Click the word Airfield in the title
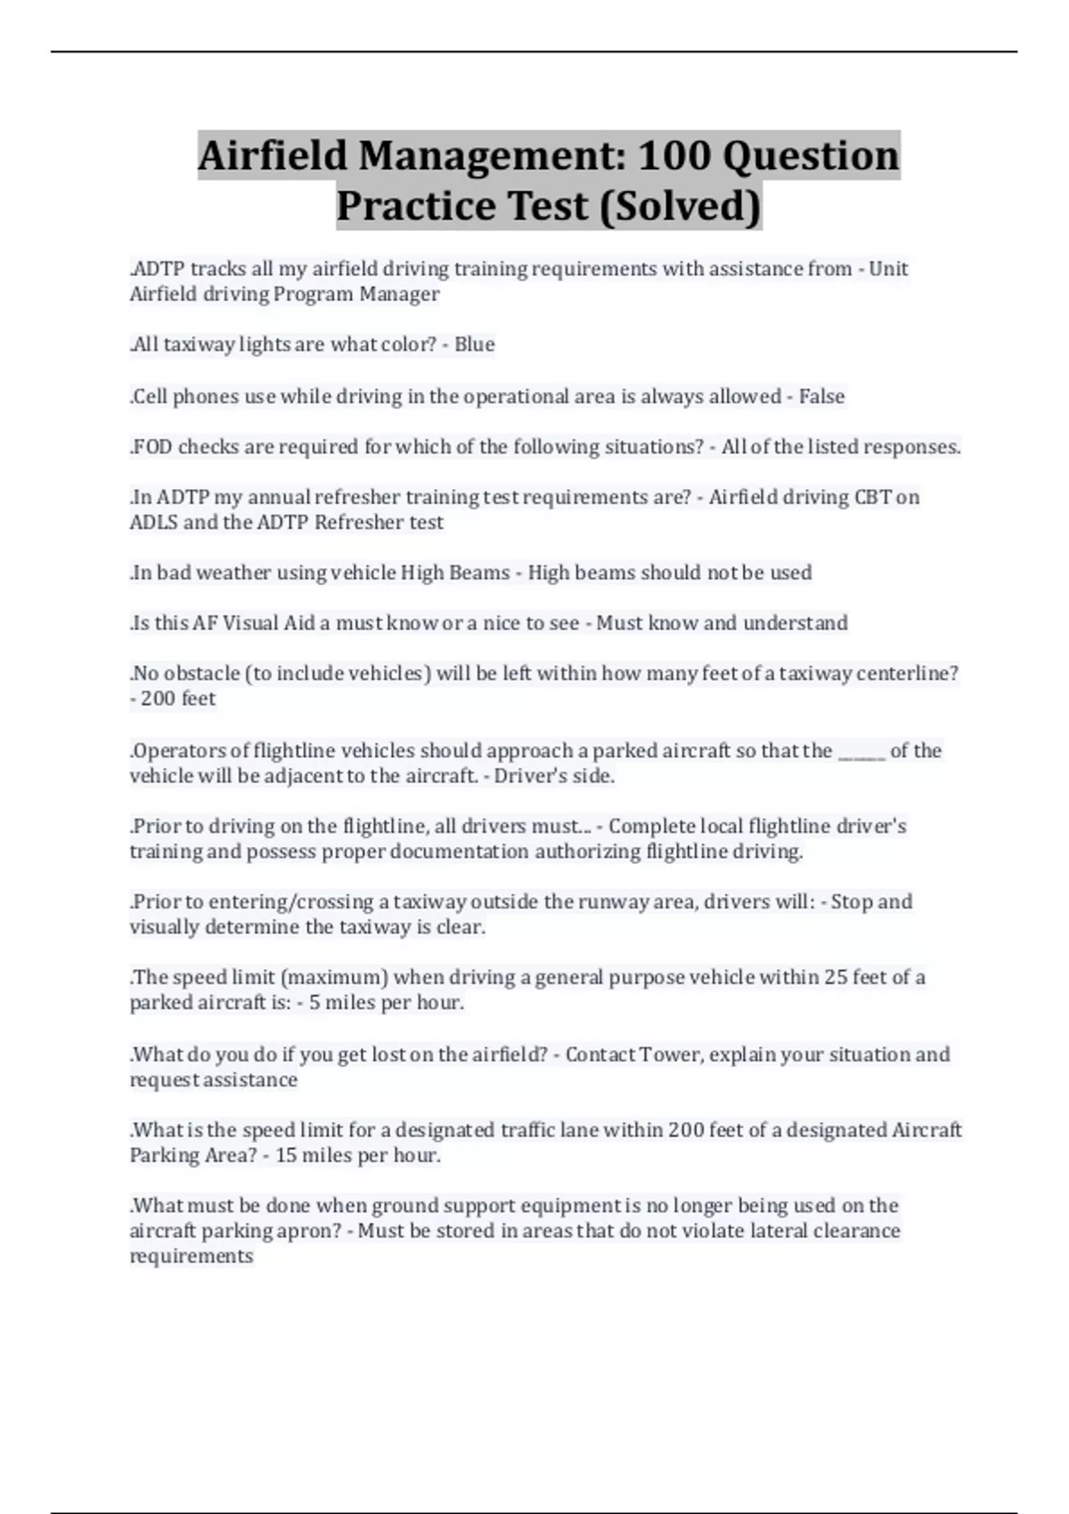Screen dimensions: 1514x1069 [x=272, y=156]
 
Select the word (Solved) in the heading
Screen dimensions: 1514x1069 [x=681, y=206]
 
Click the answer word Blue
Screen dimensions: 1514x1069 [x=474, y=345]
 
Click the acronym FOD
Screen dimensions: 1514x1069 [x=152, y=447]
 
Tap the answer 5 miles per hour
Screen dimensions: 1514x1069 [x=386, y=1003]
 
